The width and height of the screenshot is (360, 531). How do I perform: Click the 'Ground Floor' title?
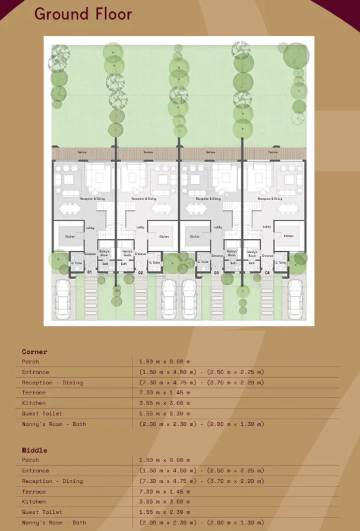click(x=83, y=14)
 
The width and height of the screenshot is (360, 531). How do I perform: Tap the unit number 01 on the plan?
click(x=89, y=272)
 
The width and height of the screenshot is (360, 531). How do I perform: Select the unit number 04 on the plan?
click(x=267, y=272)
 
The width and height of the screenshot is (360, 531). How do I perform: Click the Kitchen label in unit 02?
click(x=163, y=236)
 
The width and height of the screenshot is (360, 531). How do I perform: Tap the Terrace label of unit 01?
click(x=81, y=153)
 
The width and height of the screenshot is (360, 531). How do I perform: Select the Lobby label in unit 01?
click(x=90, y=227)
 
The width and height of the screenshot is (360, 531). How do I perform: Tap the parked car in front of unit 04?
click(x=294, y=297)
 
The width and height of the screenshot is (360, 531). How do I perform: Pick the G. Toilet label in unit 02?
click(x=155, y=263)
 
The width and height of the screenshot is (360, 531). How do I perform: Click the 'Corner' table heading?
click(x=34, y=352)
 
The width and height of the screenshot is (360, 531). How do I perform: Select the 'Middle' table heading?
click(x=34, y=450)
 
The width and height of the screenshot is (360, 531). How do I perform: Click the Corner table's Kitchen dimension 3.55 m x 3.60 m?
click(x=165, y=403)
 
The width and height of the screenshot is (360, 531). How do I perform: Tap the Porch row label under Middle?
click(x=30, y=460)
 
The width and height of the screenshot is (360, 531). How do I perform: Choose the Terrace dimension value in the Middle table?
click(x=165, y=492)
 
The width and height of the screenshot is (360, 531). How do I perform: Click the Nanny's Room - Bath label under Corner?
click(x=54, y=424)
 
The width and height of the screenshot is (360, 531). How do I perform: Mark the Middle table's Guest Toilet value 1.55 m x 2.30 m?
click(x=165, y=512)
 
